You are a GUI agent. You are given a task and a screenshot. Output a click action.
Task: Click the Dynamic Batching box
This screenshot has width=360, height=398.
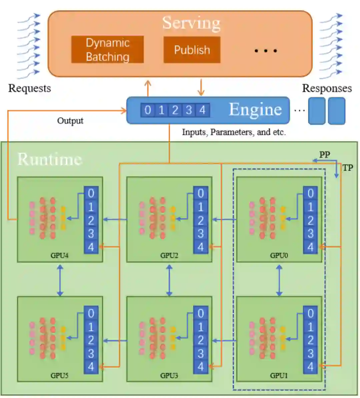(107, 50)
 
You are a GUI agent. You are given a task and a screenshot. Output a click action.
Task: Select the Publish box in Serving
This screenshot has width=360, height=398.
(192, 50)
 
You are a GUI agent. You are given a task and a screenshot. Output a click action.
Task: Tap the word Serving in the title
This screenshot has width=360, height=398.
(191, 23)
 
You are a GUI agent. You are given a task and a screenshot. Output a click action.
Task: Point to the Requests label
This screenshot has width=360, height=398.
(29, 88)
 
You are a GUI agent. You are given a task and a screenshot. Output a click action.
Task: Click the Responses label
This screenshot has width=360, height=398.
(327, 88)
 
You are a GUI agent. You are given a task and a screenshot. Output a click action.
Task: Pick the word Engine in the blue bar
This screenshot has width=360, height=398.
(255, 110)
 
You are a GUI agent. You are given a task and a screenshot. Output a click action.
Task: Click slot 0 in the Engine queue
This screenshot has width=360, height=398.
(148, 110)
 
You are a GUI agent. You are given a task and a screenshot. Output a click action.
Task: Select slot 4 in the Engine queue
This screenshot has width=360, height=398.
(202, 110)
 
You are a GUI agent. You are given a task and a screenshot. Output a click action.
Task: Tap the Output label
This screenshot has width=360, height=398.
(70, 121)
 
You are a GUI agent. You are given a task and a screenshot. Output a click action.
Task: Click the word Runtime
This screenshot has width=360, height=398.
(49, 159)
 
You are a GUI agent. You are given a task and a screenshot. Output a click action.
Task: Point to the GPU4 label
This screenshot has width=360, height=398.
(60, 256)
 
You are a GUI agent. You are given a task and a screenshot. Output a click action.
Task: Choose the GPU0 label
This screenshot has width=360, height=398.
(279, 256)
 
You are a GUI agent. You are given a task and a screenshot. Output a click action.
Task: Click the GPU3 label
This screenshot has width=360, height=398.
(169, 376)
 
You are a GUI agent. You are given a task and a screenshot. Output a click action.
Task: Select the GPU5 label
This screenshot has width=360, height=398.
(60, 376)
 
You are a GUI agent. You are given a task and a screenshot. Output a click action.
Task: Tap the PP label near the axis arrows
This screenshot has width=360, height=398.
(324, 154)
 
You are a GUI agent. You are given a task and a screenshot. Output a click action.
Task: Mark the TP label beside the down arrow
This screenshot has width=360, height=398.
(348, 167)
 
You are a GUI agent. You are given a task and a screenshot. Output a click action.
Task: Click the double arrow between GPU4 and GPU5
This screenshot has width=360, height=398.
(60, 280)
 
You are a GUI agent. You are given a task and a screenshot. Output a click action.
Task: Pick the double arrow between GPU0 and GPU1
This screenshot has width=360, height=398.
(279, 280)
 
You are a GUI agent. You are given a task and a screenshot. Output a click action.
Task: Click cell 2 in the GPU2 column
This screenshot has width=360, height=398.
(201, 220)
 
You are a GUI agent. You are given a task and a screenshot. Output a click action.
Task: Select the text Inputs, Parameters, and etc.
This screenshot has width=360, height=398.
(234, 132)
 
